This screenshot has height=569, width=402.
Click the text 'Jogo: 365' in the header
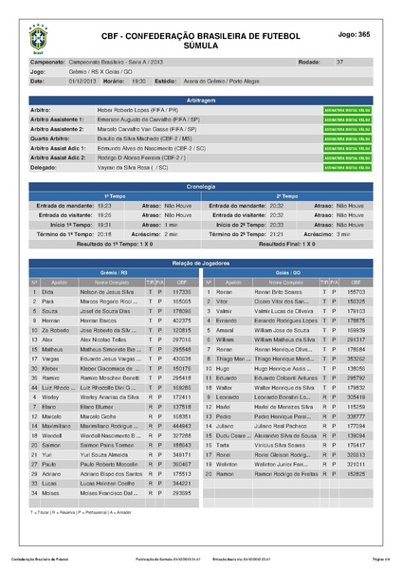pos(353,34)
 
